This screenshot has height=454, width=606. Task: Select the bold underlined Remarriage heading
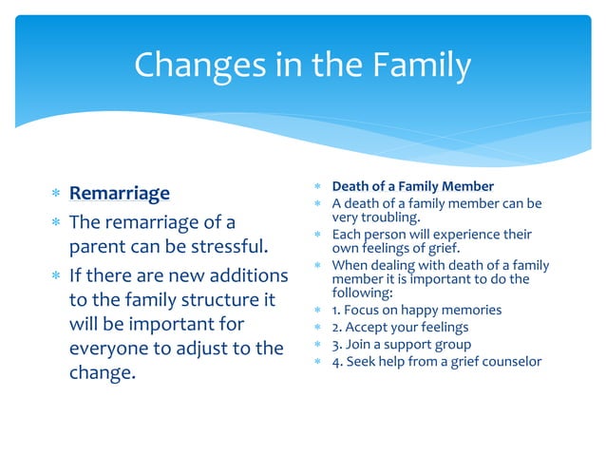pyautogui.click(x=120, y=194)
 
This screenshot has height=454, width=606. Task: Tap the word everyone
pyautogui.click(x=112, y=349)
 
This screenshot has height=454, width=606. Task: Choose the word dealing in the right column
pyautogui.click(x=397, y=265)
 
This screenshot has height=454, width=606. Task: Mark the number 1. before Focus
pyautogui.click(x=336, y=311)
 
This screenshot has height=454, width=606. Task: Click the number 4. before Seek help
pyautogui.click(x=337, y=362)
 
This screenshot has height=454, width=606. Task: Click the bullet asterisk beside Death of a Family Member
pyautogui.click(x=320, y=187)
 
